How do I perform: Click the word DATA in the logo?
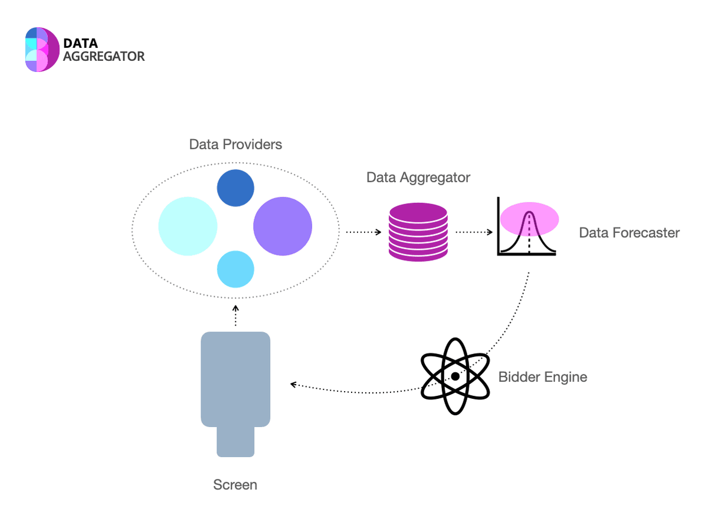[x=80, y=43]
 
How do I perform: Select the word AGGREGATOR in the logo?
[x=104, y=57]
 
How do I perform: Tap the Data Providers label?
[x=235, y=145]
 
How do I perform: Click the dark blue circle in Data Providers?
[x=235, y=188]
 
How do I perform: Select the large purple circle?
[x=283, y=227]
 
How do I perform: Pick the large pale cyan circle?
[x=188, y=227]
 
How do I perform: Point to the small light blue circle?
[x=235, y=269]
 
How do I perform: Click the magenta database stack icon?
[x=418, y=232]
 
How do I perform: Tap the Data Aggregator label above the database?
[x=418, y=178]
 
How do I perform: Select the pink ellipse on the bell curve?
[x=529, y=217]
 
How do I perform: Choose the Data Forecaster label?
[x=629, y=232]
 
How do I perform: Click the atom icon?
[x=455, y=376]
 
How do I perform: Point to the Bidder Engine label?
[x=543, y=377]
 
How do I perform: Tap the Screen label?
[x=235, y=485]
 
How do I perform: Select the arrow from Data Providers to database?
[x=363, y=232]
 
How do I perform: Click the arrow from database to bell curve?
[x=474, y=232]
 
